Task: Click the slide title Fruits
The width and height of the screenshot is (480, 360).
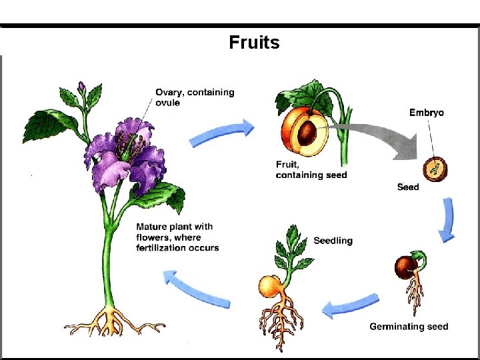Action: [254, 43]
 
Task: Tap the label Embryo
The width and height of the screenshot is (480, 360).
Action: [426, 113]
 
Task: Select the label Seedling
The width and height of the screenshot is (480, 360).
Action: [333, 241]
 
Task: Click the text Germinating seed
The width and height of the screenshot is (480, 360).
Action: [409, 327]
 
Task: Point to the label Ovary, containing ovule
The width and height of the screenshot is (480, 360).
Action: [195, 97]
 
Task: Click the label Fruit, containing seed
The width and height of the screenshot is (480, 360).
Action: [311, 169]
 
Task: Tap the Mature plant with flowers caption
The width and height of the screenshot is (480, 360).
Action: [177, 237]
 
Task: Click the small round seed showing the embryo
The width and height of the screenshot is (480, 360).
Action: [435, 167]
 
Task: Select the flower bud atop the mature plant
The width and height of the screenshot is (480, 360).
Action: [82, 87]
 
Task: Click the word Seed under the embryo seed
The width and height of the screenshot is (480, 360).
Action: [408, 187]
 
